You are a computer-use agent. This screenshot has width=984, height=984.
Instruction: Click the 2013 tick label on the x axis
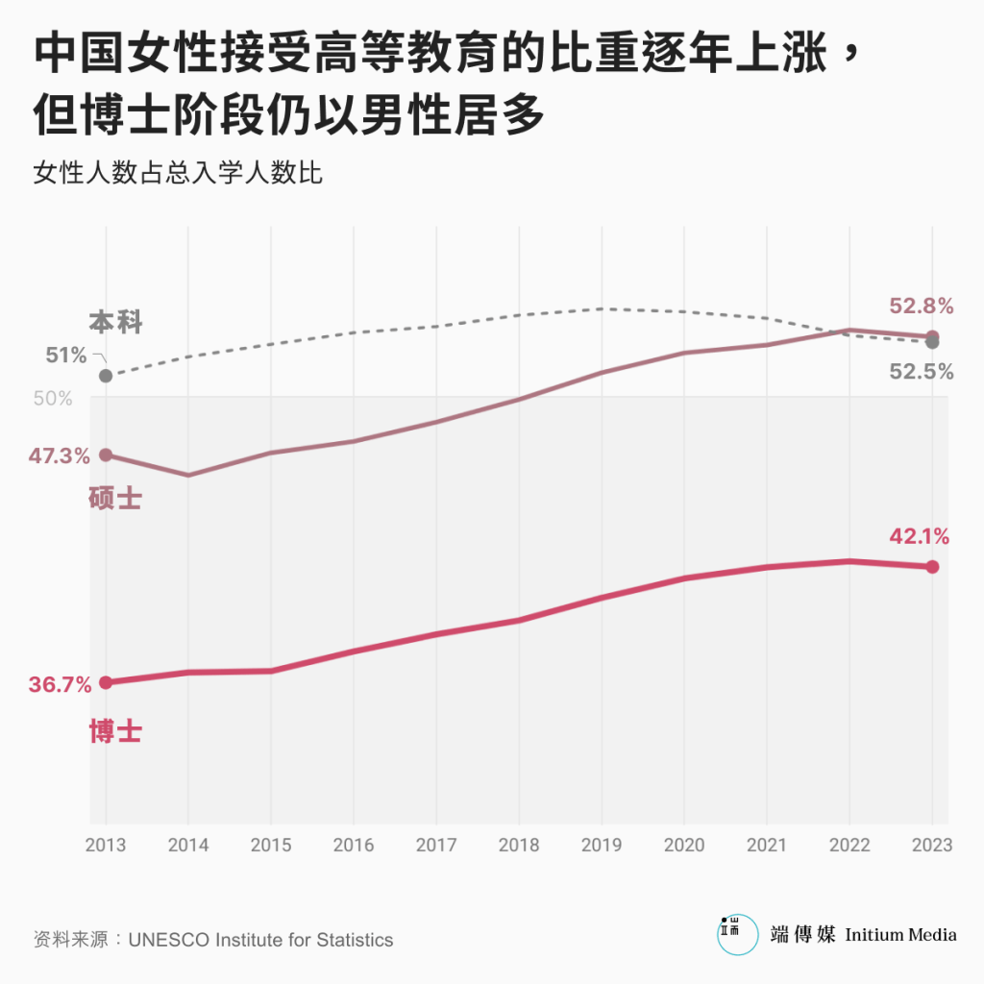(x=105, y=846)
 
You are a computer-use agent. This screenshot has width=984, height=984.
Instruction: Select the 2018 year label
(x=519, y=846)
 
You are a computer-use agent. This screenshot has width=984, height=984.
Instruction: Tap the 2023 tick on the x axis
(x=932, y=846)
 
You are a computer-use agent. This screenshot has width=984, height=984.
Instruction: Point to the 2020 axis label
(x=684, y=846)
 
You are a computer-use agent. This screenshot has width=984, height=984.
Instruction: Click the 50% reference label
(x=54, y=398)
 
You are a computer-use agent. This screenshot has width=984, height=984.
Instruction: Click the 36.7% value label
(x=60, y=685)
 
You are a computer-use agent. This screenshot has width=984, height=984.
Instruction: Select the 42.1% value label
(x=920, y=537)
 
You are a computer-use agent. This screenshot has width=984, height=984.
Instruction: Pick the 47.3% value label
(x=60, y=455)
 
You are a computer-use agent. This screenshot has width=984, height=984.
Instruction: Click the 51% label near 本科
(x=66, y=356)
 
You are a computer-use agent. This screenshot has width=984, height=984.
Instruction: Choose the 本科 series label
(x=115, y=323)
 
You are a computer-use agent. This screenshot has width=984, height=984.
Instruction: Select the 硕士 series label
(x=114, y=499)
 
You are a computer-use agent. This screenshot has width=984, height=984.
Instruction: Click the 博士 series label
(x=115, y=731)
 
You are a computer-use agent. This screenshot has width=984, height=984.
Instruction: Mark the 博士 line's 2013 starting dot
(x=106, y=682)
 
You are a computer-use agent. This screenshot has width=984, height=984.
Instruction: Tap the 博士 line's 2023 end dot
(x=932, y=567)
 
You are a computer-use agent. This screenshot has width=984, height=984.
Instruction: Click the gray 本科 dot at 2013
(x=106, y=376)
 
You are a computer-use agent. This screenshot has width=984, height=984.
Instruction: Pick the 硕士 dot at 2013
(x=106, y=455)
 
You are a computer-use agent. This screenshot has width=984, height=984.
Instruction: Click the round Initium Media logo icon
(x=737, y=934)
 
